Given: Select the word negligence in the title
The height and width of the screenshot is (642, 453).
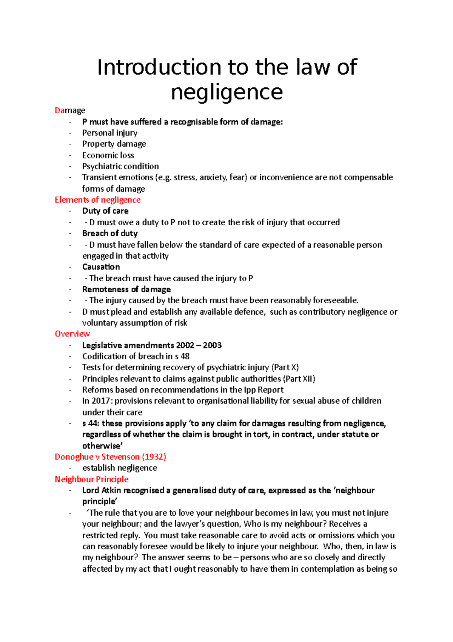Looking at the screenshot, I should coord(226,92).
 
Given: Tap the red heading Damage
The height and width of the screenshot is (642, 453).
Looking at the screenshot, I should coord(70,110).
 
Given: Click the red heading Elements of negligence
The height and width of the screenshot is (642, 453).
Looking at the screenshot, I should coord(97,200).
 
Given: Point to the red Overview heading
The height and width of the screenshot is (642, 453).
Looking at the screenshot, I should coord(72,334).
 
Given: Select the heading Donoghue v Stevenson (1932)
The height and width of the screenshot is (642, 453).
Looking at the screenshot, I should coord(110,457).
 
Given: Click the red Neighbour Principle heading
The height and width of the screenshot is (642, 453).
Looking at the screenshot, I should coord(91,479).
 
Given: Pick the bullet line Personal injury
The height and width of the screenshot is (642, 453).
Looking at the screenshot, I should coord(109,133).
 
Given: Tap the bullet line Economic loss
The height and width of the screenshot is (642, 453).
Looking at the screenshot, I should coord(108,155).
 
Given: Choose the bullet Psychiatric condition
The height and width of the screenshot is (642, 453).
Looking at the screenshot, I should coord(120,166).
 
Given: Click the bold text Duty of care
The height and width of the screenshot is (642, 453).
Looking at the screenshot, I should coord(105,211).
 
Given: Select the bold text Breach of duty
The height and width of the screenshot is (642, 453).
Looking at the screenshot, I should coord(110,233).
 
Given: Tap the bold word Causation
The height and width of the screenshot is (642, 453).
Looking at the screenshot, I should coord(101,267).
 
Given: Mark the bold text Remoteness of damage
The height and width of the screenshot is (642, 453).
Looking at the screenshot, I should coord(126,289).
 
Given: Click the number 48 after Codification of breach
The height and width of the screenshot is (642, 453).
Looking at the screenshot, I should coord(185,356).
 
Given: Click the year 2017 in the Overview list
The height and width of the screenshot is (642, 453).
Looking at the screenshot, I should coord(102,401).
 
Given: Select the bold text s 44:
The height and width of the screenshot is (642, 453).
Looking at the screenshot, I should coord(91,423).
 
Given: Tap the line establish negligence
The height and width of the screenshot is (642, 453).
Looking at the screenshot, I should coord(119,468).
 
